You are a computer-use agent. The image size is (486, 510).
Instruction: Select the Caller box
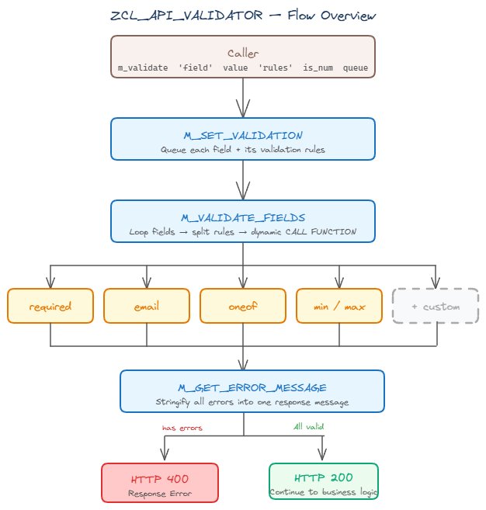(x=243, y=57)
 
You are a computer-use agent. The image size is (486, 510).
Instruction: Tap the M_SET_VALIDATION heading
(x=243, y=136)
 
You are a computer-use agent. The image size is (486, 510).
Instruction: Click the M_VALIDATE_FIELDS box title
(x=243, y=218)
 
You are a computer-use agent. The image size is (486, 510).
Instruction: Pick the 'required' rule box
(x=50, y=306)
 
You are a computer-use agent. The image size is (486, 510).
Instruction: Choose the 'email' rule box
(x=147, y=306)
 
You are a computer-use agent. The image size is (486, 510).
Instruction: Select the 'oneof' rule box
(x=243, y=306)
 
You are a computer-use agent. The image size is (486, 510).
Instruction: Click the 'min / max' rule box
(x=339, y=306)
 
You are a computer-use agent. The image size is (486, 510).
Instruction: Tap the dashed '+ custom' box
(x=436, y=306)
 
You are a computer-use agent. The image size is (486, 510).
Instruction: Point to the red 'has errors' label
(x=182, y=427)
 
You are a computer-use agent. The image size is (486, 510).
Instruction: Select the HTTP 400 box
(x=160, y=483)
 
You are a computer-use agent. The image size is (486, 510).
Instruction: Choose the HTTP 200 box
(x=323, y=483)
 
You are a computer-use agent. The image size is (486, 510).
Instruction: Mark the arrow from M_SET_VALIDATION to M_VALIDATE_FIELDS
(x=244, y=179)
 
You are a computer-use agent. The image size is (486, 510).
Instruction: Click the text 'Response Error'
(x=160, y=493)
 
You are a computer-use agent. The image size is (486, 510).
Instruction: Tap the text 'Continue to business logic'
(x=323, y=493)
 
